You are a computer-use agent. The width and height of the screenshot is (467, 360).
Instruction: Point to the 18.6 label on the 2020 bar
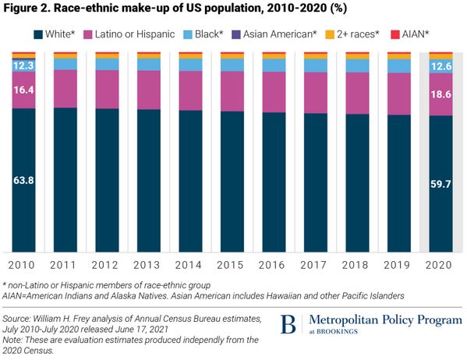click(441, 93)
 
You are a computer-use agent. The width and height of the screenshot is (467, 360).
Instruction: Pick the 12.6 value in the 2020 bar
click(441, 66)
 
